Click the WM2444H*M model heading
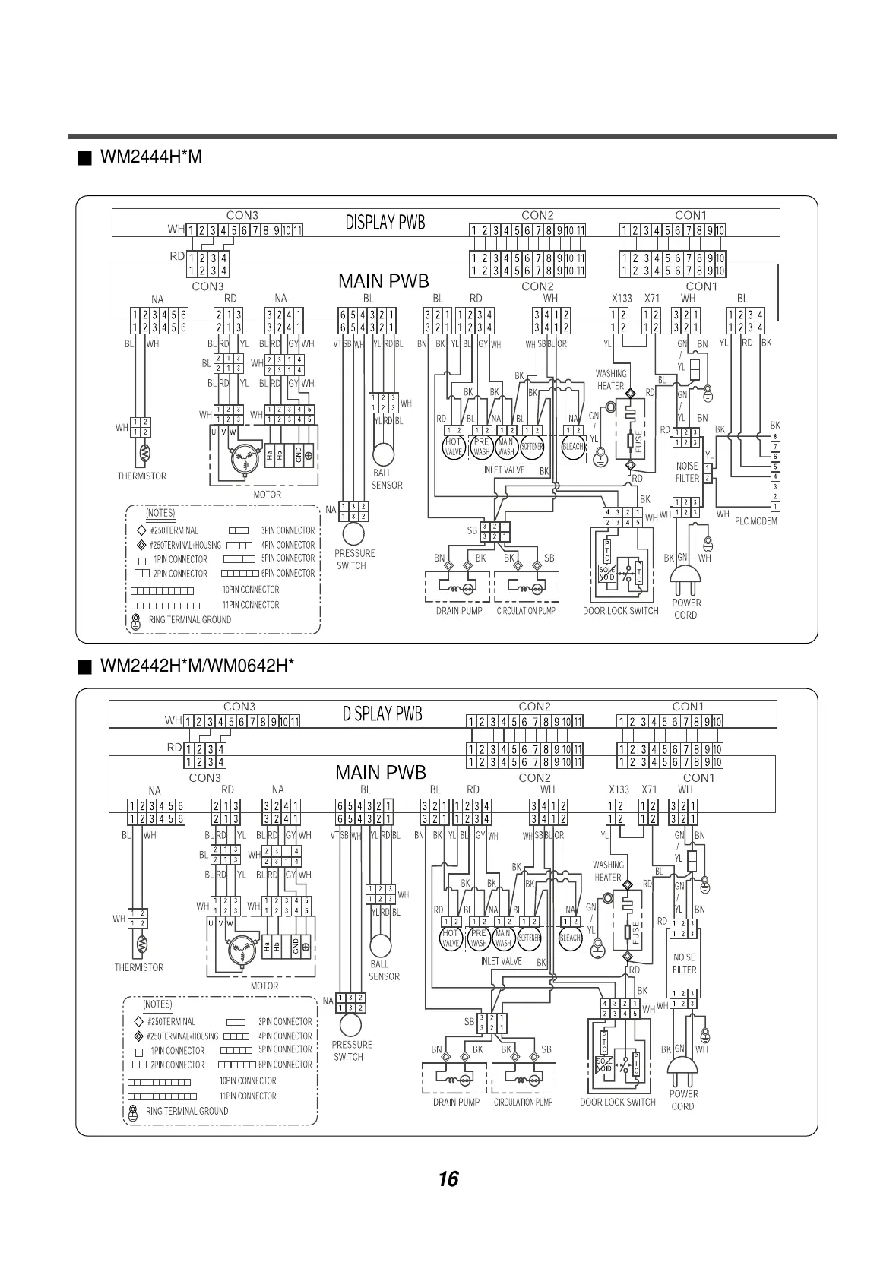[150, 157]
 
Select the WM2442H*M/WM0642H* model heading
[196, 666]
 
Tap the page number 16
[448, 1179]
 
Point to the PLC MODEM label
[755, 521]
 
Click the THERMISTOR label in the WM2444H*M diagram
[141, 476]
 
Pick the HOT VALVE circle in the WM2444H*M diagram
[454, 447]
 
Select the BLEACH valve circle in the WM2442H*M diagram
[570, 938]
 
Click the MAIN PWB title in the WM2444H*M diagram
[383, 282]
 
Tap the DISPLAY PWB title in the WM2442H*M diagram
[382, 714]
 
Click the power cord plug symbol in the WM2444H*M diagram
[685, 581]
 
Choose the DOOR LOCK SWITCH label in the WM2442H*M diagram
[617, 1102]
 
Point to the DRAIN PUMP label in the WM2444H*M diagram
[459, 611]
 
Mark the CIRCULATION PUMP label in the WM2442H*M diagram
[523, 1102]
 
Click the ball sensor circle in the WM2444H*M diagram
[382, 454]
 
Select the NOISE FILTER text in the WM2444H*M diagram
[687, 472]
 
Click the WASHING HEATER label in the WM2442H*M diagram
[608, 871]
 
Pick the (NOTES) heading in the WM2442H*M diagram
[157, 1004]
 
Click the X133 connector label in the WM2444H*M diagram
[622, 299]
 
